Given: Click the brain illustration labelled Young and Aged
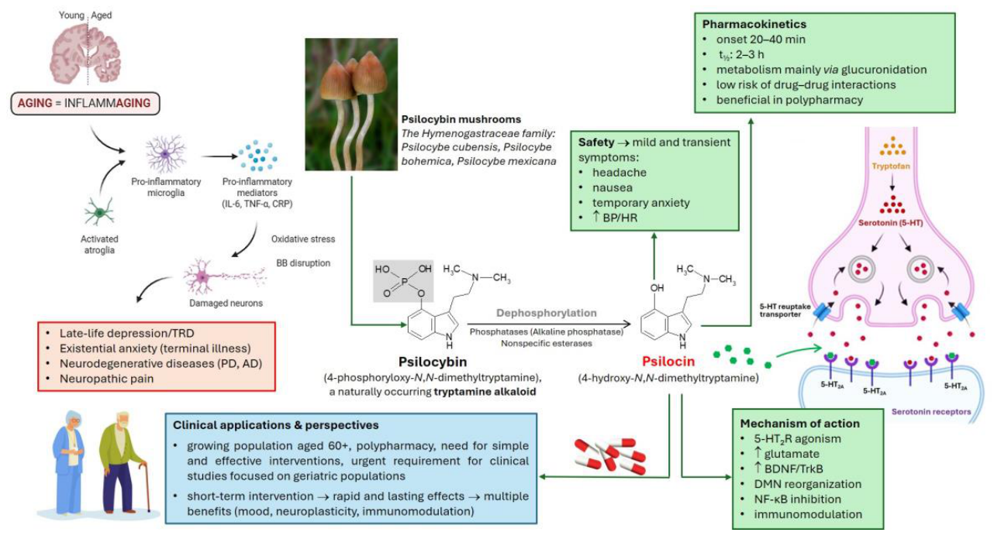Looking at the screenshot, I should click(88, 50).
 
